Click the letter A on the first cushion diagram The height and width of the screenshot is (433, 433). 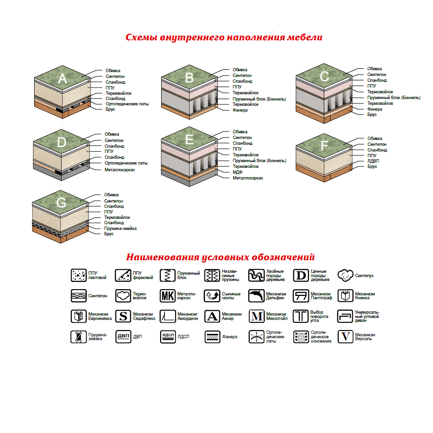pos(63,79)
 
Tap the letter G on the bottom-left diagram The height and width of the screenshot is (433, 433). pos(62,203)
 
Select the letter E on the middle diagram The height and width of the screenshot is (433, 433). pos(190,140)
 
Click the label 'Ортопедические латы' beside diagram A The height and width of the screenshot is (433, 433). pos(127,104)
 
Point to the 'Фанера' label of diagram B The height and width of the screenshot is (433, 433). pos(240,110)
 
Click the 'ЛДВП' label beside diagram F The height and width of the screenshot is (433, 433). pos(373,161)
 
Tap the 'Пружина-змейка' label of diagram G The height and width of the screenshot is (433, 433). pos(120,229)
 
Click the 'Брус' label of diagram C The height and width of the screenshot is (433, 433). pos(372,115)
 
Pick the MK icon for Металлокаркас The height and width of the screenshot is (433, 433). pos(167,295)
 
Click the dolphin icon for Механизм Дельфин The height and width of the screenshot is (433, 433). pos(256,295)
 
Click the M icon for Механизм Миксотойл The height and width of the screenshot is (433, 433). pos(256,316)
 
